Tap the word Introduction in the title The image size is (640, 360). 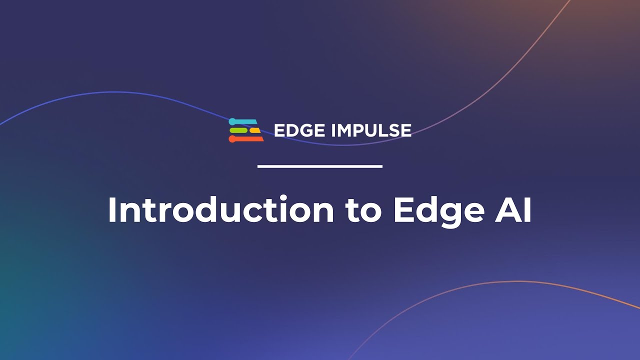(220, 210)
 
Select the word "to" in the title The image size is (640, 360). (363, 210)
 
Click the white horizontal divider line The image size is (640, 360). (320, 166)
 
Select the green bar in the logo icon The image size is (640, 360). (238, 130)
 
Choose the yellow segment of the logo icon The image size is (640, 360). (255, 130)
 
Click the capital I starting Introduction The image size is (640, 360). (112, 210)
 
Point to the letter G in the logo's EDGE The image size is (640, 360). (306, 130)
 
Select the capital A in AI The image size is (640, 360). (502, 210)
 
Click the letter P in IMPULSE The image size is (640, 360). (362, 130)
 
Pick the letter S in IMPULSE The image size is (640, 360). (392, 130)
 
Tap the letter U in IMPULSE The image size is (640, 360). (374, 130)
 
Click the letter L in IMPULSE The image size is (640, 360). (384, 130)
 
